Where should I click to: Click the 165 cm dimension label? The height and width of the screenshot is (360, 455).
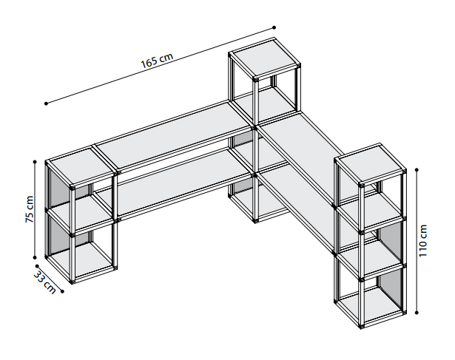pos(157,61)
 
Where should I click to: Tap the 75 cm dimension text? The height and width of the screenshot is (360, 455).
pos(30,209)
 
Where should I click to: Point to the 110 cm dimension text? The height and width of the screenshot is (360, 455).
pos(422,240)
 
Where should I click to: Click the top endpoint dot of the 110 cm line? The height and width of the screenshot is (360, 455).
pos(417,169)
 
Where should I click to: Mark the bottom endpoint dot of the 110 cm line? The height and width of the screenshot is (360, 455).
pos(417,313)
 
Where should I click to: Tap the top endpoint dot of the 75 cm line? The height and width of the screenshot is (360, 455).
pos(35,162)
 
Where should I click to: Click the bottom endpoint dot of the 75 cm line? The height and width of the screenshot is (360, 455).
pos(35,257)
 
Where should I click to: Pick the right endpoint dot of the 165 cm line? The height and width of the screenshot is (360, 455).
pos(274,28)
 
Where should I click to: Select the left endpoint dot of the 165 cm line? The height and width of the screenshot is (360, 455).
pos(46,103)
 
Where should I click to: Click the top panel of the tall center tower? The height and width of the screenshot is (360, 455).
pos(264,59)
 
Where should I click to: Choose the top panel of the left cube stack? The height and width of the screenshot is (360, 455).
pos(81,167)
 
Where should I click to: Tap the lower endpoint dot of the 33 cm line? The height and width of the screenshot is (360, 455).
pos(62,291)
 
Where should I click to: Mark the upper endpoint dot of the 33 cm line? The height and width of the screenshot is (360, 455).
pos(37,266)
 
